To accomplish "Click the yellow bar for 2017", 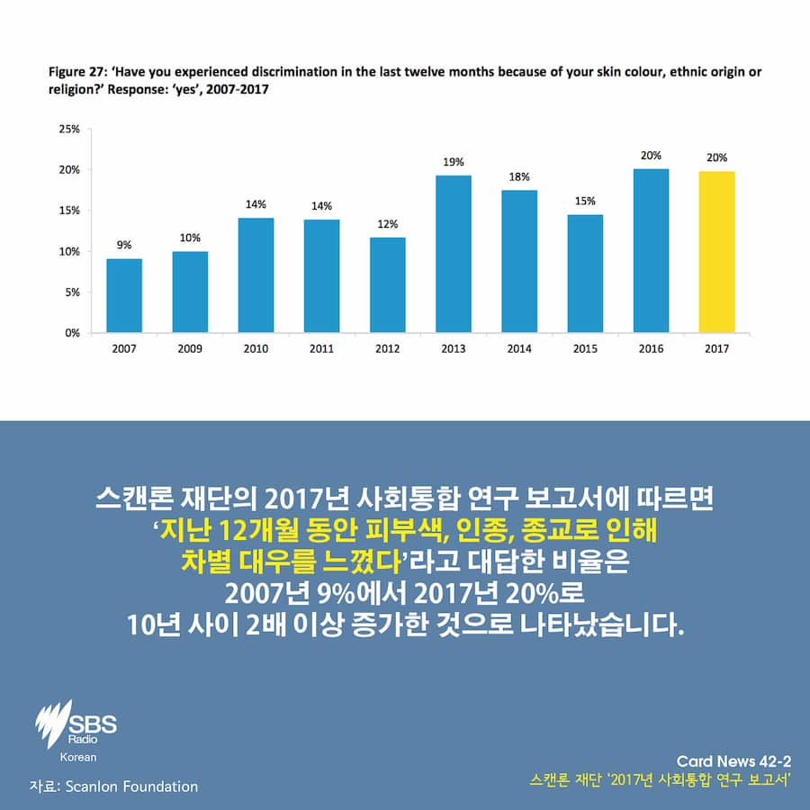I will pos(716,252).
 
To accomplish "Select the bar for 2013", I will pos(454,254).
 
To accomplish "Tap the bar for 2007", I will pos(123,295).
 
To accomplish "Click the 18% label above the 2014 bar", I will pos(519,177).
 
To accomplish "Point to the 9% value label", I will pos(123,244).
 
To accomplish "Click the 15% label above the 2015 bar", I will pos(585,201).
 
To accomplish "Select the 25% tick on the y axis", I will pos(69,129).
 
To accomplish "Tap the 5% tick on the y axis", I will pos(72,292).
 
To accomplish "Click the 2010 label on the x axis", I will pos(256,349).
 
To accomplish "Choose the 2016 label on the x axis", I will pos(651,349).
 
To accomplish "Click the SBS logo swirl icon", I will pos(52,720).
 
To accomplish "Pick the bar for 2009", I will pos(190,292).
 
